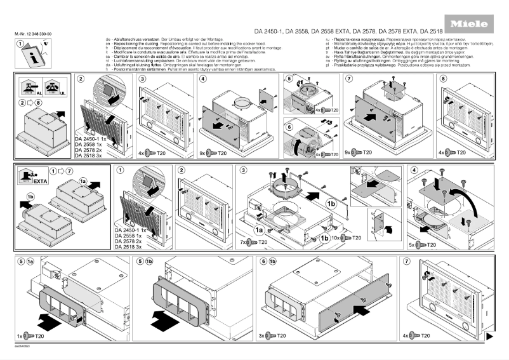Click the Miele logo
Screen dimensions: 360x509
tap(469, 24)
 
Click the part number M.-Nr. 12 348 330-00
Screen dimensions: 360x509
tap(32, 32)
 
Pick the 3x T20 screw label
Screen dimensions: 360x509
tap(271, 335)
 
